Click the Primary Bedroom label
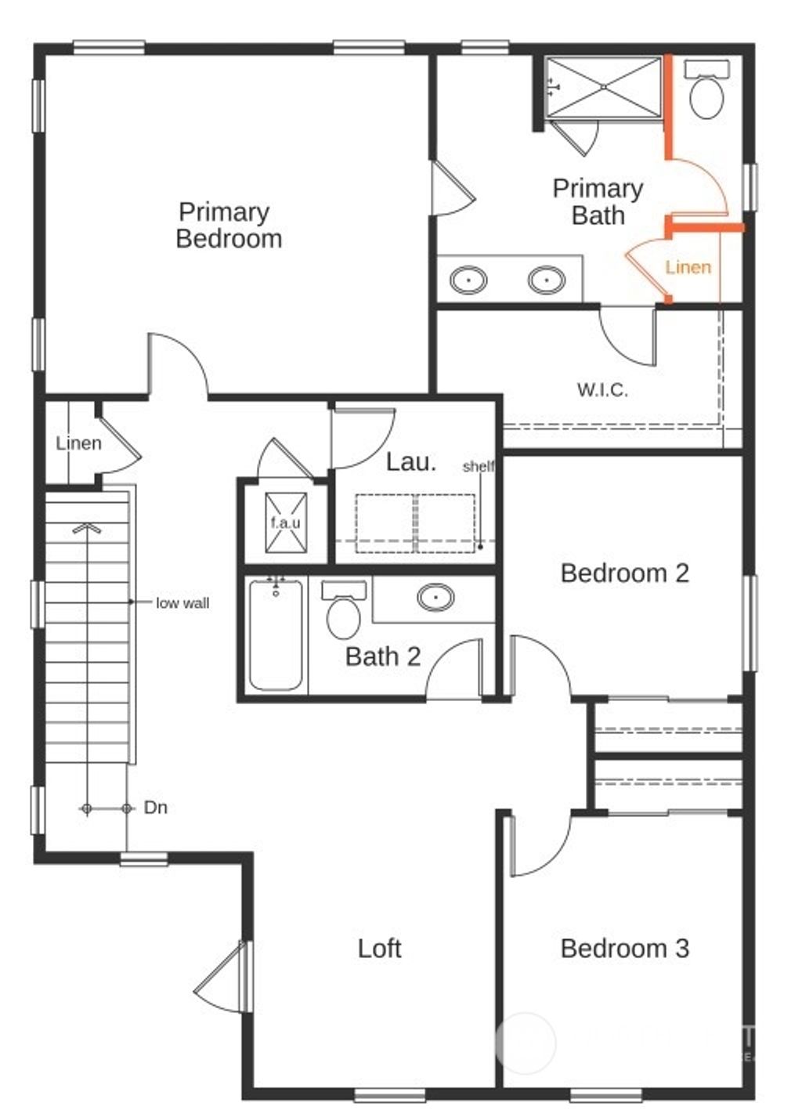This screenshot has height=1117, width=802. tap(228, 225)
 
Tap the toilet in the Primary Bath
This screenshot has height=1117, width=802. tap(706, 94)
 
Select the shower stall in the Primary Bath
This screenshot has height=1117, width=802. tap(603, 88)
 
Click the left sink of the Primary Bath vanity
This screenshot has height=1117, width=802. tap(468, 280)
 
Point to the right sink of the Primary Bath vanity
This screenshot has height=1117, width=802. tap(546, 280)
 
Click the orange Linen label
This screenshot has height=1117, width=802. tap(688, 267)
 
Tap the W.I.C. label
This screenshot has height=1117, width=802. tap(602, 389)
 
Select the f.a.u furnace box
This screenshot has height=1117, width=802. tap(285, 522)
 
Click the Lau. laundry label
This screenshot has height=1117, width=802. tap(410, 461)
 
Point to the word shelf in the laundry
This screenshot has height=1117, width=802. tap(478, 466)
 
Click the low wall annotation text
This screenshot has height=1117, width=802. tap(182, 602)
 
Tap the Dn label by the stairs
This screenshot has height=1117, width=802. tap(155, 808)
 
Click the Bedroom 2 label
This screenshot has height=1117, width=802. tap(624, 573)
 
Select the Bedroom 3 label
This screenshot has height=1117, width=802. tap(624, 948)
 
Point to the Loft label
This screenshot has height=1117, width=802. tap(379, 948)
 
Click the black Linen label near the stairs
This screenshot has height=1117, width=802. tap(78, 443)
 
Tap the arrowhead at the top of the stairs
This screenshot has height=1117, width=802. tap(87, 528)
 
